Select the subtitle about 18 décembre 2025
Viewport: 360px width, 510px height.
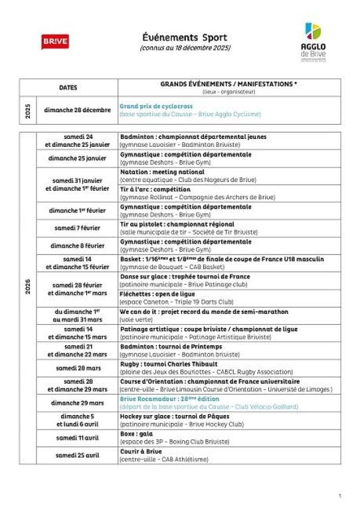tap(179, 49)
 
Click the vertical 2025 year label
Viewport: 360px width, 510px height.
tap(26, 110)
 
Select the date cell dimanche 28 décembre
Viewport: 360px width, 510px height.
tap(78, 110)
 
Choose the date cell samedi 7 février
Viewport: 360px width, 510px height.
tap(78, 228)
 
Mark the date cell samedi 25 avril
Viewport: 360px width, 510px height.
tap(78, 455)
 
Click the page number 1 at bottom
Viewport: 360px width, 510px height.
tap(339, 495)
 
